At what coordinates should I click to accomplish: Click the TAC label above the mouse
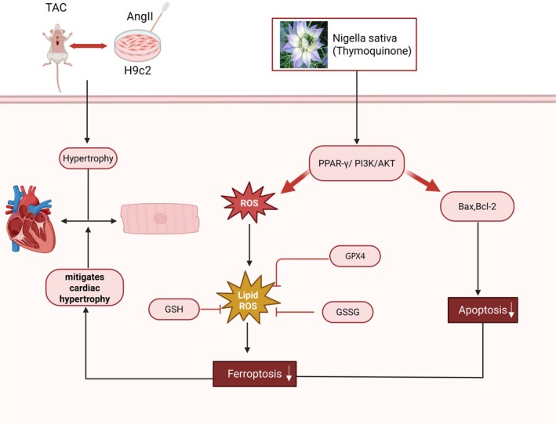tap(56, 7)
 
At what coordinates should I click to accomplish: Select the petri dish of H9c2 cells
tap(137, 45)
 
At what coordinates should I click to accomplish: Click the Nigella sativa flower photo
tap(303, 45)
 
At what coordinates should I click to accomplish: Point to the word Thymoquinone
tap(372, 51)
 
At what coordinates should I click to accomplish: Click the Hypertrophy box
tap(88, 158)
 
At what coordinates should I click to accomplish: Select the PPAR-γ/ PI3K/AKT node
tap(357, 164)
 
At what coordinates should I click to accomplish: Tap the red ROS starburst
tap(249, 203)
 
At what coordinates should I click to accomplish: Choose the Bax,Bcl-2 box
tap(477, 206)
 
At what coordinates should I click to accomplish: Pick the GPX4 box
tap(355, 255)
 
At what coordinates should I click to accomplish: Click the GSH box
tap(174, 309)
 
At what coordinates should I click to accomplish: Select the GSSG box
tap(347, 312)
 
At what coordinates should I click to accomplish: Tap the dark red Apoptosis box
tap(483, 310)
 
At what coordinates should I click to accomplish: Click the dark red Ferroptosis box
tap(255, 374)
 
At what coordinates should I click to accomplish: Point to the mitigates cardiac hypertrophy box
tap(85, 288)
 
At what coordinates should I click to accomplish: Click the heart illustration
tap(31, 219)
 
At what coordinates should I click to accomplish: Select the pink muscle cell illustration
tap(159, 219)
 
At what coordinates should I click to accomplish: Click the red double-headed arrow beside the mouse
tap(89, 45)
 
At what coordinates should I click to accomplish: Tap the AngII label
tap(140, 16)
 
